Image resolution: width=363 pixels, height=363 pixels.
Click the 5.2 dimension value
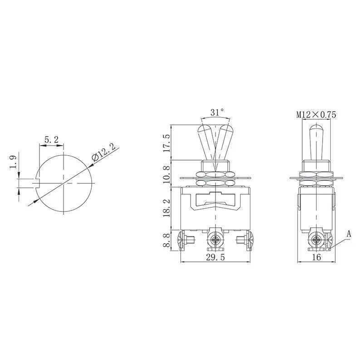[x=51, y=140]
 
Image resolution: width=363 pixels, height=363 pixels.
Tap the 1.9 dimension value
[x=13, y=162]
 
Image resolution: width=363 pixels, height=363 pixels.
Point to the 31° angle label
[x=217, y=113]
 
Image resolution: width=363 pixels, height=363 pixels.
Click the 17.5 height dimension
[x=167, y=142]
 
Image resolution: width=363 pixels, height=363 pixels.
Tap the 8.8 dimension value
[x=167, y=240]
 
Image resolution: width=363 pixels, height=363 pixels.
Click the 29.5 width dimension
[x=215, y=258]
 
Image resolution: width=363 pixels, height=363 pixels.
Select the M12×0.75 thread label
[x=316, y=115]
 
